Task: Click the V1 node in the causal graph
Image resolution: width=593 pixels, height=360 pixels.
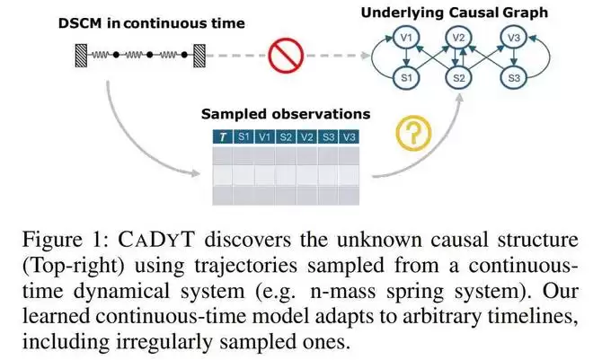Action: (x=406, y=38)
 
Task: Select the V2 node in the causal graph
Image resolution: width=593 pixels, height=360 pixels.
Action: (x=459, y=38)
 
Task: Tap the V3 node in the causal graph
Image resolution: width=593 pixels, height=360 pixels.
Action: (x=514, y=38)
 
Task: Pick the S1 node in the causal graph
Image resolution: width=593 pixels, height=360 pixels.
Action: (x=406, y=78)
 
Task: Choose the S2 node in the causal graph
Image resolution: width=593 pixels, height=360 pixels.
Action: (x=459, y=78)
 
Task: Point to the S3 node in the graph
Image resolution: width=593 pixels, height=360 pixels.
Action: (x=514, y=78)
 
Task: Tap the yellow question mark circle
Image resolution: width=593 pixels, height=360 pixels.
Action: (x=413, y=133)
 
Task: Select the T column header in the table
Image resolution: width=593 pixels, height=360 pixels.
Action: (x=223, y=136)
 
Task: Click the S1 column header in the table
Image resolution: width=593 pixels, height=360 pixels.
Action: (x=243, y=136)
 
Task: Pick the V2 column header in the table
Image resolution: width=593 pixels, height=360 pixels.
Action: (x=306, y=136)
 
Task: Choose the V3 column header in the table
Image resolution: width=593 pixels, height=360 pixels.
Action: (x=350, y=136)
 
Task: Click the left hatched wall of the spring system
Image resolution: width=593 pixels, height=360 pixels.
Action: (x=81, y=56)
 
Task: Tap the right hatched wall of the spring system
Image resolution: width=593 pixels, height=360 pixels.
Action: (x=199, y=56)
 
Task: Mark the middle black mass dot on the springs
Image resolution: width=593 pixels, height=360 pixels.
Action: (x=150, y=55)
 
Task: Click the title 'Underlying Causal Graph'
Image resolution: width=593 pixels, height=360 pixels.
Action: (x=455, y=13)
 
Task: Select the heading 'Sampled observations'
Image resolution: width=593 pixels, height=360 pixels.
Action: (x=286, y=114)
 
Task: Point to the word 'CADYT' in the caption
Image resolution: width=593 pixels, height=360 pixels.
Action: (x=156, y=240)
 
